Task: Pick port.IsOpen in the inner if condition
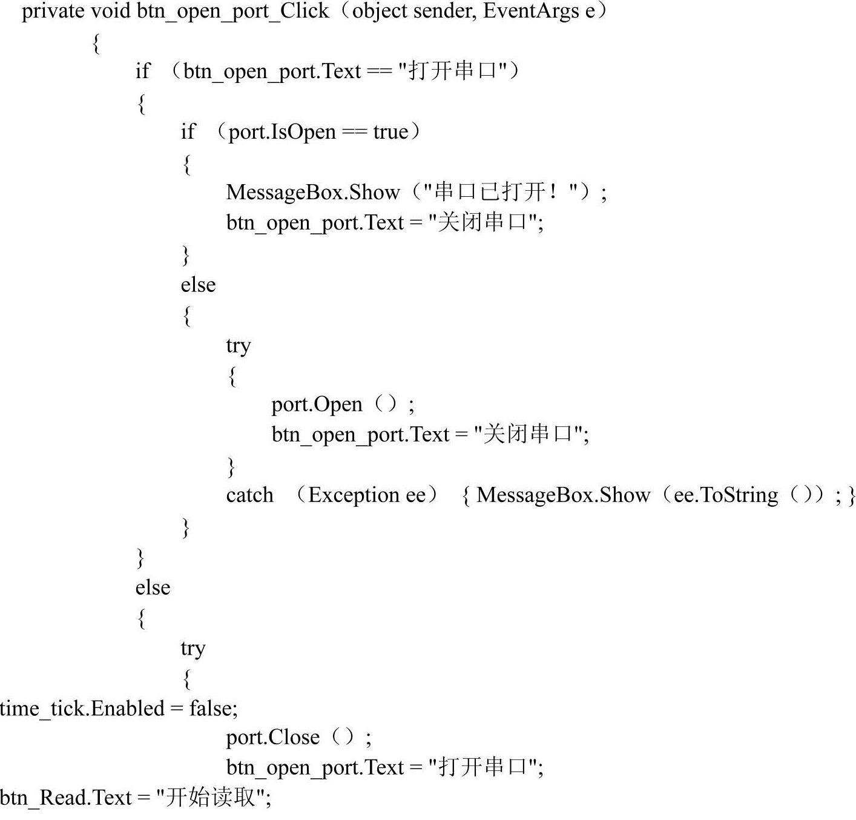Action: point(282,132)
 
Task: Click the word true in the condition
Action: point(390,132)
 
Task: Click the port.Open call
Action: point(317,404)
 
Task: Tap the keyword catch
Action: point(249,495)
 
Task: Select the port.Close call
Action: point(272,737)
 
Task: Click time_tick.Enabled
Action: point(82,708)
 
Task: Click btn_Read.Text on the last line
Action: point(66,798)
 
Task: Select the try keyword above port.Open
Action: point(238,345)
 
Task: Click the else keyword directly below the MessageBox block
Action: point(198,285)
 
